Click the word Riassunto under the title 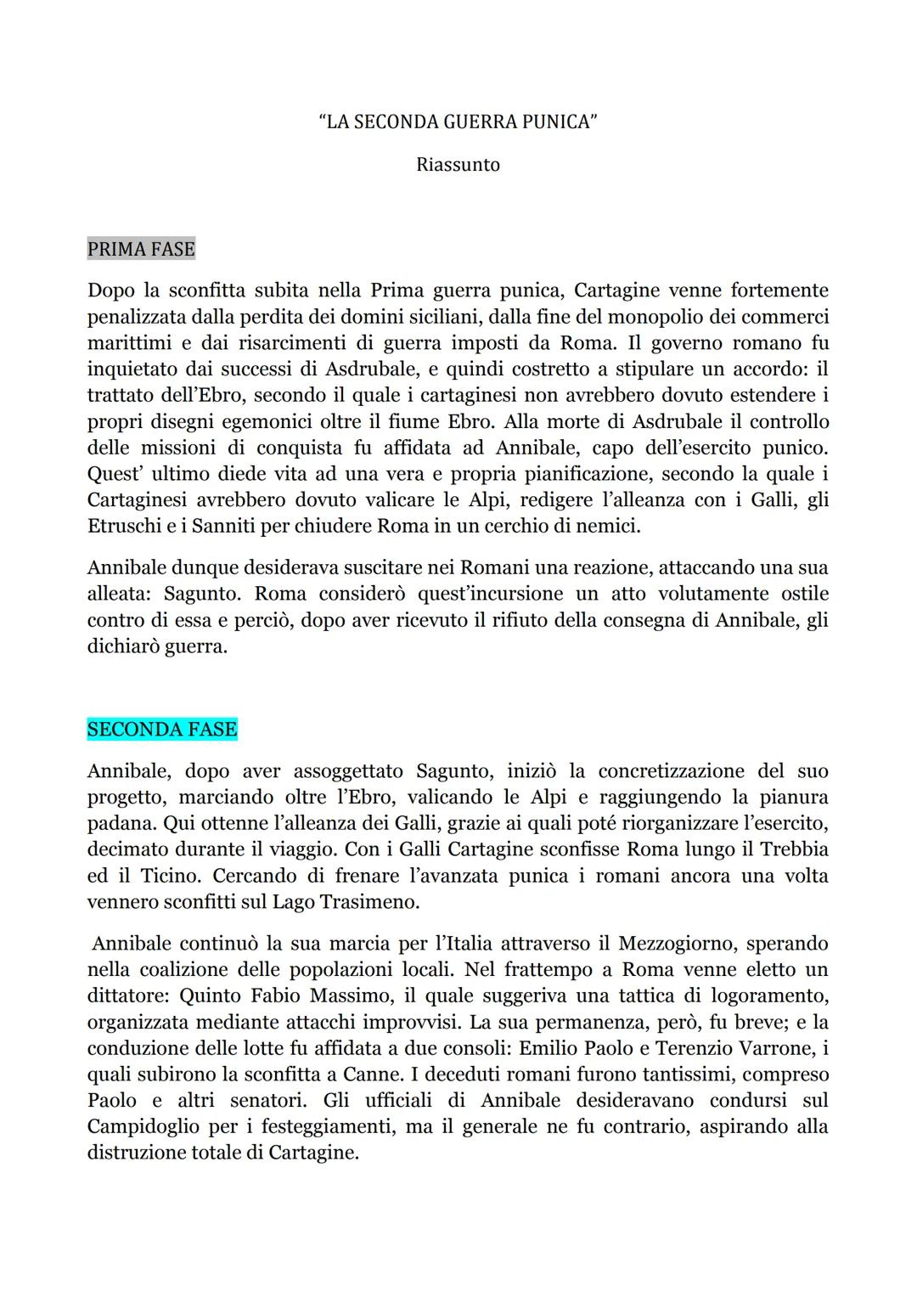pos(458,165)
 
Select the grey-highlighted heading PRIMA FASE pos(141,249)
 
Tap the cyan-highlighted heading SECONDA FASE pos(162,730)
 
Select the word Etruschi pos(125,526)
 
